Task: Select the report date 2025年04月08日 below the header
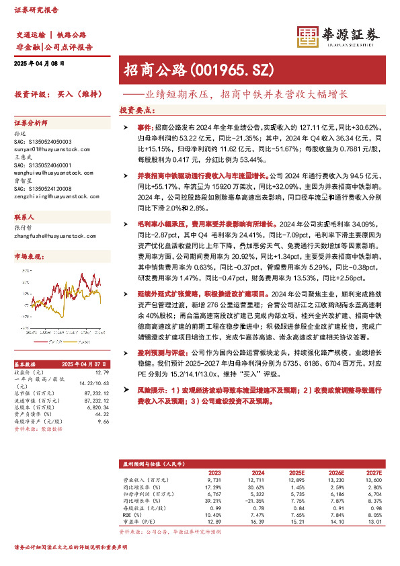pos(38,63)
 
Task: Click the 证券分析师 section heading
pos(32,124)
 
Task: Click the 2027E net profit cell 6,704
pos(373,493)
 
